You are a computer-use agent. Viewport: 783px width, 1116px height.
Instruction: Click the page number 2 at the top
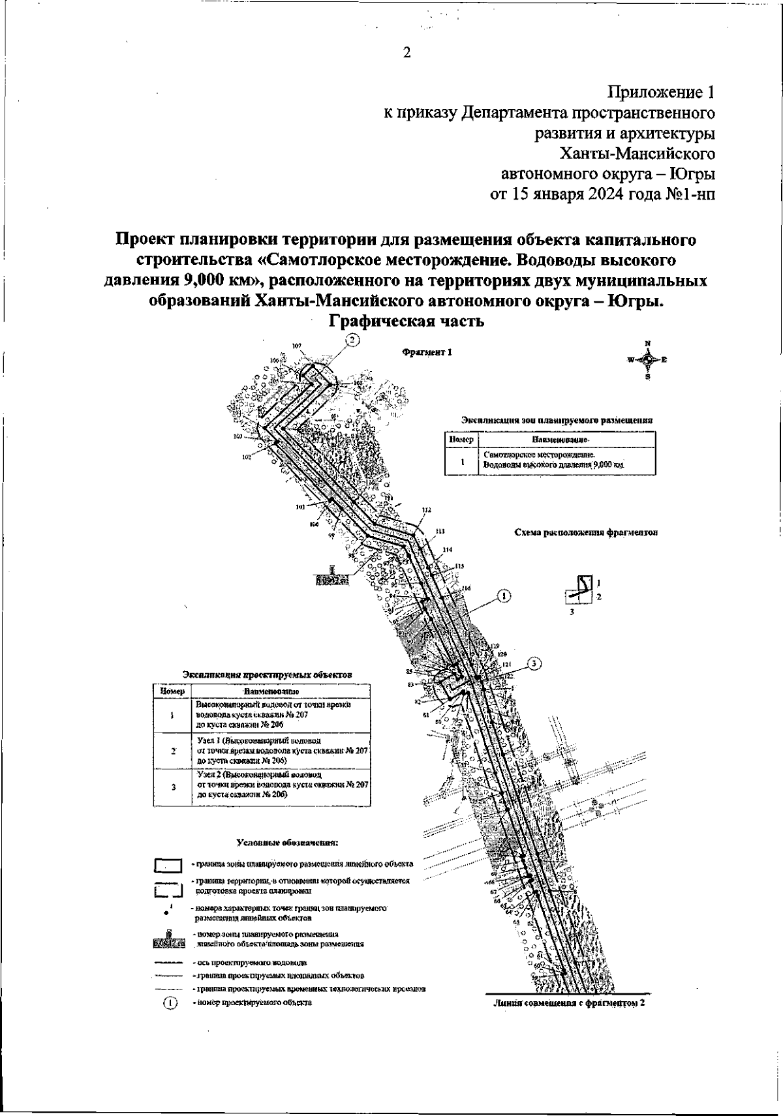[x=406, y=53]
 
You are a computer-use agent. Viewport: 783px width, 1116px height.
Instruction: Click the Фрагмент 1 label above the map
[x=427, y=352]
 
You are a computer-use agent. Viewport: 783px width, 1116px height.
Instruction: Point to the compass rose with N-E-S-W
[x=647, y=359]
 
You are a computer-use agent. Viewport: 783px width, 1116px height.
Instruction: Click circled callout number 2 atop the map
[x=352, y=340]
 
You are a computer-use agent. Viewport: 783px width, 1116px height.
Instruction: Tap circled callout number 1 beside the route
[x=504, y=595]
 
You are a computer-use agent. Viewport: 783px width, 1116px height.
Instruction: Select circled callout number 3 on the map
[x=534, y=664]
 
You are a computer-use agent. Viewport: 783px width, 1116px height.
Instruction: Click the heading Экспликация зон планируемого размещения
[x=557, y=420]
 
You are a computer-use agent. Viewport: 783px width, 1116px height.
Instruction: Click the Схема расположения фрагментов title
[x=585, y=532]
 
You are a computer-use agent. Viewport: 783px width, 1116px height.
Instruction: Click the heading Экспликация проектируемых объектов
[x=267, y=674]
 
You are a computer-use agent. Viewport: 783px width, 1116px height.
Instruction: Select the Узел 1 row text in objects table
[x=282, y=751]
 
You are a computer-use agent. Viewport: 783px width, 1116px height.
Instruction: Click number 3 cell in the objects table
[x=173, y=787]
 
